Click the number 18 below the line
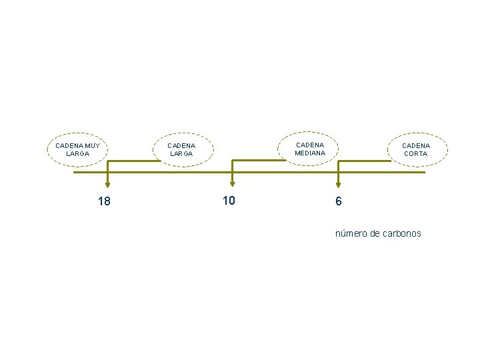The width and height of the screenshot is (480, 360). point(104,201)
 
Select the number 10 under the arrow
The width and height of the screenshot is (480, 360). point(229,201)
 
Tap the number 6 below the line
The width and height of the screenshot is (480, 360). point(338,201)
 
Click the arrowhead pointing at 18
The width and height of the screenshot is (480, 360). point(107,185)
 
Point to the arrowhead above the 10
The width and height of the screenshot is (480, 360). point(233,184)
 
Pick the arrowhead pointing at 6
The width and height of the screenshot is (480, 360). point(338,185)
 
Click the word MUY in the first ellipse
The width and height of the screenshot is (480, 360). point(93,146)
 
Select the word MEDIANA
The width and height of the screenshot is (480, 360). point(310,153)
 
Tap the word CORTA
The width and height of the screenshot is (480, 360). point(416,154)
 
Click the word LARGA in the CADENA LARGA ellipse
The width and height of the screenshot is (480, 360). point(181,154)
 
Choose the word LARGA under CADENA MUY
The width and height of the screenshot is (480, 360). point(78,154)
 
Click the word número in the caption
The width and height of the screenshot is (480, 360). point(351,233)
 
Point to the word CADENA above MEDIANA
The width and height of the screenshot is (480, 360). point(310,145)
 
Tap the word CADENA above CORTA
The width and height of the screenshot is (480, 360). point(416,146)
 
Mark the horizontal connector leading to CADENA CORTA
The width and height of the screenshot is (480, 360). point(364,161)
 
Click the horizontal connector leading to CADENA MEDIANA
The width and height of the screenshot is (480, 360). point(259,160)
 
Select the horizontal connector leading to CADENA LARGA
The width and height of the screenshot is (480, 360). point(134,161)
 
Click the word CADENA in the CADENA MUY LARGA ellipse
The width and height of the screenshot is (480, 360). point(69,146)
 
